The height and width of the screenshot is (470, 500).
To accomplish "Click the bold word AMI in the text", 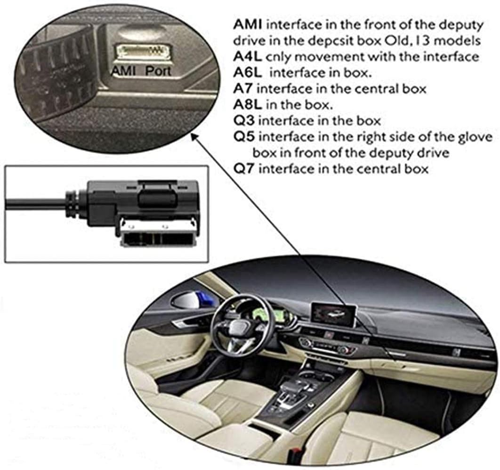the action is pos(248,25).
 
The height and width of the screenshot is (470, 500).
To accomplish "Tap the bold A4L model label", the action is pos(248,57).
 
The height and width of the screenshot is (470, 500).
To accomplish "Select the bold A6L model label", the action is pos(248,73).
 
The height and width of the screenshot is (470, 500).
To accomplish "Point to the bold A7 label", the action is pos(243,89).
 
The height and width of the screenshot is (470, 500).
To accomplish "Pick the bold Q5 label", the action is pos(244,137).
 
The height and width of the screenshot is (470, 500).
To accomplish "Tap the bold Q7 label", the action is pos(244,169).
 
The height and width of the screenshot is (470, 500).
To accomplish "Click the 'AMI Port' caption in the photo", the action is pos(141,71).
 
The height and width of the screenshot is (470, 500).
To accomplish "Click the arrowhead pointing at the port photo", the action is pos(193,137).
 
